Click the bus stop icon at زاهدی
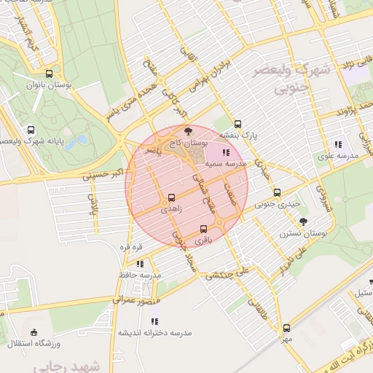click(x=172, y=197)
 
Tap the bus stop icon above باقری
click(x=203, y=228)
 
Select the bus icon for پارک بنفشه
click(x=238, y=123)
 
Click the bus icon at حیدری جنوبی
click(x=276, y=193)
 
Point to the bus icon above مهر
click(x=286, y=328)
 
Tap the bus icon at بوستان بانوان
click(x=49, y=74)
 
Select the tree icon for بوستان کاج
click(x=189, y=131)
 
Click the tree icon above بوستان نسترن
click(x=304, y=221)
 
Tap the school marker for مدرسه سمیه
click(x=225, y=152)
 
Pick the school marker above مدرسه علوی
click(x=337, y=144)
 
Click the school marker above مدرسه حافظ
click(x=140, y=264)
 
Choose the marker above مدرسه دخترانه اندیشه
click(x=154, y=321)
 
